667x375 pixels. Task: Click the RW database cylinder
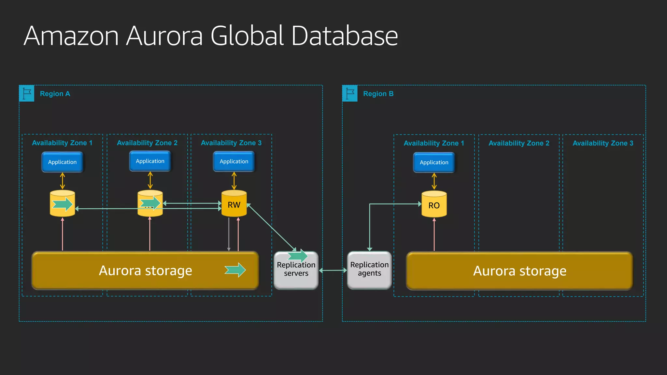pos(234,204)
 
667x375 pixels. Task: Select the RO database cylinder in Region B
pos(434,204)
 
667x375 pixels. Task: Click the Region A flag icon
pos(27,93)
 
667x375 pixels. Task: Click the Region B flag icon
pos(350,93)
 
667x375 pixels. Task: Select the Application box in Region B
pos(434,162)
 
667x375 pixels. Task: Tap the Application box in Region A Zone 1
pos(62,162)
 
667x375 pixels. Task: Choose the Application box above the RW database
pos(234,161)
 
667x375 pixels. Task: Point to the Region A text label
pos(55,94)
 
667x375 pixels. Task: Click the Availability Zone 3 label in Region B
pos(603,143)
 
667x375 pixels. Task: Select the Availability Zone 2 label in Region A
pos(147,143)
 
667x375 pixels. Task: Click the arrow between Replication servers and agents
pos(333,270)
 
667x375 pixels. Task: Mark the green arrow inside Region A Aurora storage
pos(235,270)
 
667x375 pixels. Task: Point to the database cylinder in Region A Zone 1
pos(62,204)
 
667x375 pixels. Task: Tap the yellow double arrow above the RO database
pos(434,181)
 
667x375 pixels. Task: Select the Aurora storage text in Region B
pos(519,271)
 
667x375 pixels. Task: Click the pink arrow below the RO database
pos(434,234)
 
